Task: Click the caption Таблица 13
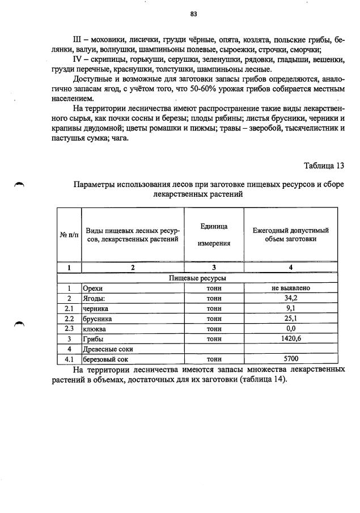tap(324, 166)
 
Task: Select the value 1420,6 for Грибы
tap(290, 339)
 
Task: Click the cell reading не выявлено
tap(290, 288)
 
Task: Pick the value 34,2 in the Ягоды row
tap(290, 298)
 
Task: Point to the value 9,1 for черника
tap(290, 308)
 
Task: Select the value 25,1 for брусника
tap(290, 319)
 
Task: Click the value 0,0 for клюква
tap(290, 329)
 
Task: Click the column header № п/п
tap(69, 235)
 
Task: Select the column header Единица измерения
tap(214, 235)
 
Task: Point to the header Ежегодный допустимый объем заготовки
tap(290, 235)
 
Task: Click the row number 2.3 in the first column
tap(69, 329)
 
